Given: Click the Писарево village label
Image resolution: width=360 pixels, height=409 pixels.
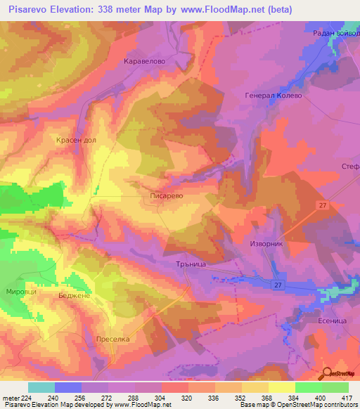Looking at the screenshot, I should pos(167,198).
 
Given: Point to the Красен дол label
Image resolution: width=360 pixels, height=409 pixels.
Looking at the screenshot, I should pos(76,141).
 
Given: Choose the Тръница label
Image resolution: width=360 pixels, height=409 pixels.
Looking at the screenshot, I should pos(188,265).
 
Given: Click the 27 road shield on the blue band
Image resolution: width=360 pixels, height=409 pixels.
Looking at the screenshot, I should pos(278,285).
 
